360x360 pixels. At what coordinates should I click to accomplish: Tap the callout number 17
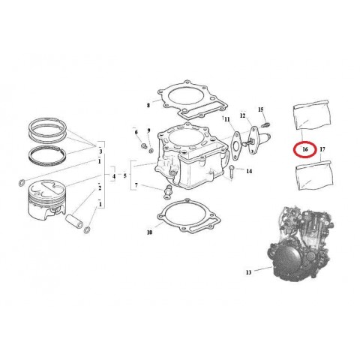click(322, 149)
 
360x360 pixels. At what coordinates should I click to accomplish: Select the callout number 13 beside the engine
click(248, 272)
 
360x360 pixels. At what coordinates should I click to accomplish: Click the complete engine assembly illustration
click(300, 244)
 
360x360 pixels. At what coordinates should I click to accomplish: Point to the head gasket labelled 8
click(193, 100)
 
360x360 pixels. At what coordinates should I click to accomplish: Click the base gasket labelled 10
click(189, 216)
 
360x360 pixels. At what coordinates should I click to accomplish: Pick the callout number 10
click(149, 232)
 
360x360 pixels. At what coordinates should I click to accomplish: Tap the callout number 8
click(148, 105)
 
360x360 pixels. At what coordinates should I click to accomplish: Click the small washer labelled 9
click(151, 151)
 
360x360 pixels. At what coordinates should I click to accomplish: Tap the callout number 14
click(249, 171)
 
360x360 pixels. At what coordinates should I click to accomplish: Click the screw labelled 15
click(266, 124)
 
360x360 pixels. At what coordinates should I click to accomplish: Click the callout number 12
click(243, 115)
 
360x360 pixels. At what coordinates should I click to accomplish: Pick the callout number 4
click(114, 176)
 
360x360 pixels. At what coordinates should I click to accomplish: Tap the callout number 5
click(125, 175)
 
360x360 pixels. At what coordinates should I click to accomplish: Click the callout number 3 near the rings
click(100, 151)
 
